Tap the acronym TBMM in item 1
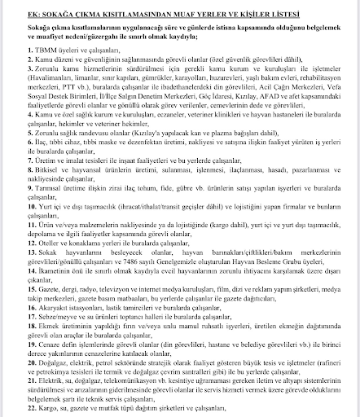pos(29,51)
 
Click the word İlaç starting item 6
pos(22,143)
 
